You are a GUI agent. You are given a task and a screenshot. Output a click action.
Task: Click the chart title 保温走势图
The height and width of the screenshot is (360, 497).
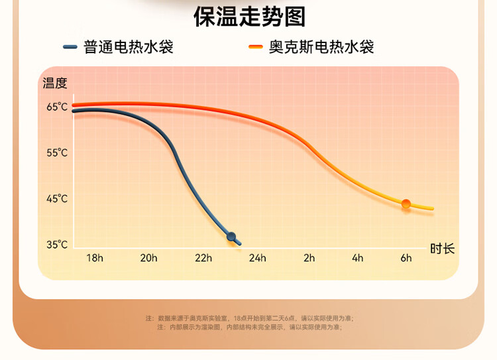point(249,17)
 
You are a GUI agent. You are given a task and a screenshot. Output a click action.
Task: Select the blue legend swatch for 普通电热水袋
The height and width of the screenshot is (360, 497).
point(70,47)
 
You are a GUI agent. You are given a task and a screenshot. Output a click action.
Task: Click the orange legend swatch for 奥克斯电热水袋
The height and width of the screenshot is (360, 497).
point(256,47)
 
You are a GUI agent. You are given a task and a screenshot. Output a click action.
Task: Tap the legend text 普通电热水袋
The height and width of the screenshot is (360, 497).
point(129,47)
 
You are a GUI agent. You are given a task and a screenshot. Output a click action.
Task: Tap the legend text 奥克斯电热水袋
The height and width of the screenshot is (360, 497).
point(321,47)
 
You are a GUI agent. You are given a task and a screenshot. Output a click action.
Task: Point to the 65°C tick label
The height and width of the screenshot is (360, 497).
point(57,107)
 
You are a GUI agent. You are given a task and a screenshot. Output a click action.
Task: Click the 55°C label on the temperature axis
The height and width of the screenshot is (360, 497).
point(57,153)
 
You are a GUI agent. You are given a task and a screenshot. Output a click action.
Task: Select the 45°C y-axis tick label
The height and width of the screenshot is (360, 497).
point(57,199)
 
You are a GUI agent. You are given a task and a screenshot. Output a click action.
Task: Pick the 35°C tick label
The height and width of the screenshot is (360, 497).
point(57,245)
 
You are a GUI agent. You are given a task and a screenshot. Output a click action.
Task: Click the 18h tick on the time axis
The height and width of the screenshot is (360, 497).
point(95,258)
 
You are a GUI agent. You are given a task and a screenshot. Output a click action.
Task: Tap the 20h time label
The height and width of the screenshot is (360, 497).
point(148,258)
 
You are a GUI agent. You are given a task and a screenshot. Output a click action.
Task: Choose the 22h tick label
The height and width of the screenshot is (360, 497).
point(203,258)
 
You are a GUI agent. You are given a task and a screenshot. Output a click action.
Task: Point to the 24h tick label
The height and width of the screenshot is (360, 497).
point(257,258)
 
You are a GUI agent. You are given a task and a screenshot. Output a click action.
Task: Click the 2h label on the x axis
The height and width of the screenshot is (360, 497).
point(309,258)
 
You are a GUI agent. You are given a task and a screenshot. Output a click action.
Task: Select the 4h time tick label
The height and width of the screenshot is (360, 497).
point(358,258)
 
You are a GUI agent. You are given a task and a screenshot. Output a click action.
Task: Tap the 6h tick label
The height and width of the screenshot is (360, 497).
point(406,258)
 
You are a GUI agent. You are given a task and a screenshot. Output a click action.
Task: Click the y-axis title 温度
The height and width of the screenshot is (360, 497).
point(55,83)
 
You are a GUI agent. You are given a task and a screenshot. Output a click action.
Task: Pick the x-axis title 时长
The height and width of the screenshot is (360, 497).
point(442,249)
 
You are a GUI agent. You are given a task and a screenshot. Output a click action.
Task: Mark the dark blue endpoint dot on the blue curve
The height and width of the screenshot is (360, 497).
point(231,236)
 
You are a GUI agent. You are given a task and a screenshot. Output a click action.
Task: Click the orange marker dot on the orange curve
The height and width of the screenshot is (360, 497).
point(406,204)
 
